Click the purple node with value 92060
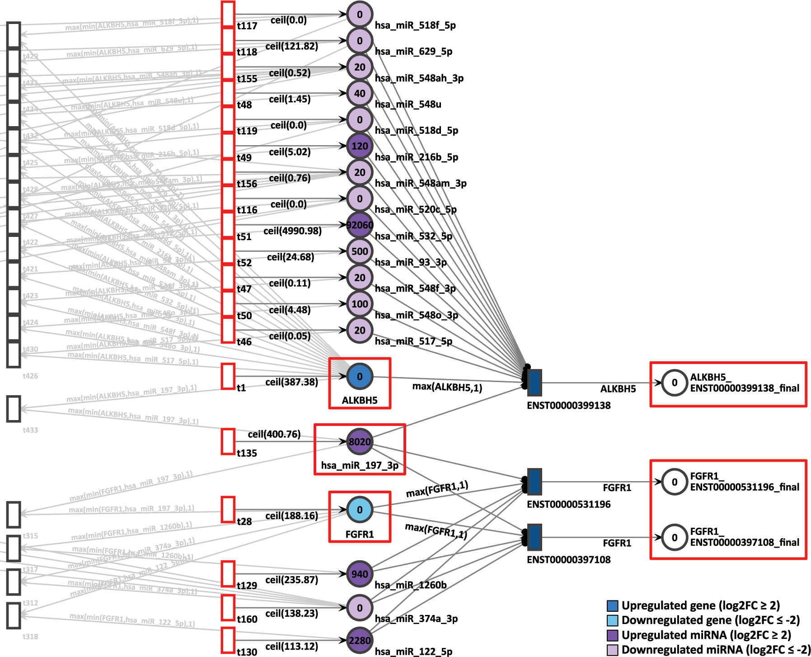[360, 225]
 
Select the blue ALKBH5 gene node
[360, 376]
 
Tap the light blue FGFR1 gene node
[360, 510]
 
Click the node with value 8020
[360, 442]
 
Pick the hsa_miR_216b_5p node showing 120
[360, 146]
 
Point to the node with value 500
[360, 251]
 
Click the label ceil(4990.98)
[292, 231]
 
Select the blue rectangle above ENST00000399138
[534, 382]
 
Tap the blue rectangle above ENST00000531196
[534, 482]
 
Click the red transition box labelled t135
[228, 441]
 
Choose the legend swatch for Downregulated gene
[612, 620]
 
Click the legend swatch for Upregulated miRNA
[612, 635]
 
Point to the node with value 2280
[360, 640]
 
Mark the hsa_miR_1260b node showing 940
[360, 574]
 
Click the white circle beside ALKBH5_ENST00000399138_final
[674, 383]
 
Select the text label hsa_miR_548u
[408, 104]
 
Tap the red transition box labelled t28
[228, 510]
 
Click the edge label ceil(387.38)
[291, 382]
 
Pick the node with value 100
[360, 304]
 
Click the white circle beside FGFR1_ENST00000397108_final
[674, 537]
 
